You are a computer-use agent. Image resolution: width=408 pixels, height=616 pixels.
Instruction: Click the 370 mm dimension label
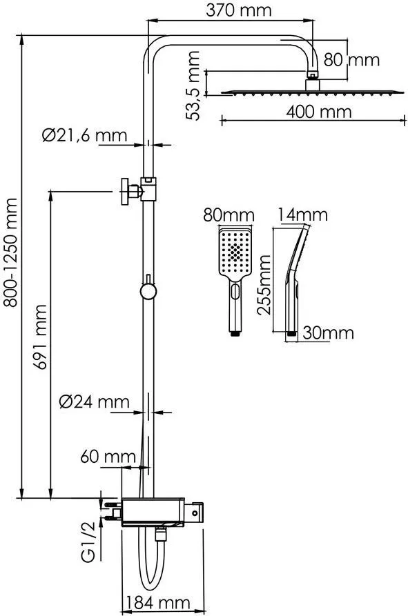click(239, 10)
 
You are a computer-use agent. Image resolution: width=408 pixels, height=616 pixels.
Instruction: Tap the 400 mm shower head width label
click(319, 112)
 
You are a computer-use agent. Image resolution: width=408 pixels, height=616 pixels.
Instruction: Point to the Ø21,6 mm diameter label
click(84, 135)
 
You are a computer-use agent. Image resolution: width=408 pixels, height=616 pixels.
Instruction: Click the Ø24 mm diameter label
click(95, 401)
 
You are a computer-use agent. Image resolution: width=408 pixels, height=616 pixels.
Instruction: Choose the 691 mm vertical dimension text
click(40, 337)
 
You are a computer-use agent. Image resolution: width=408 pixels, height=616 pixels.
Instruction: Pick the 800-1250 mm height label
click(10, 252)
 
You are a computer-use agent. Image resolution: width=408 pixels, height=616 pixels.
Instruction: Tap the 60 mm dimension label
click(108, 457)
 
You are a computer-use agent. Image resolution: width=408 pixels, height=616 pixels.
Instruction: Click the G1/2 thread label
click(88, 542)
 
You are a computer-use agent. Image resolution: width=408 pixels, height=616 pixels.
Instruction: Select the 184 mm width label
click(158, 602)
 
